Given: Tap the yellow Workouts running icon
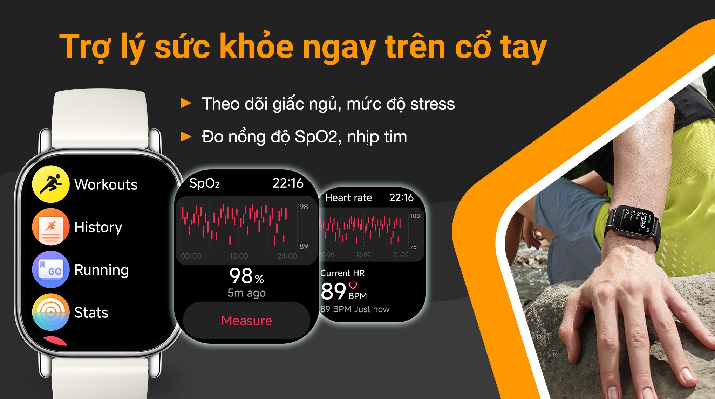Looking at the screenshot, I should click(x=51, y=184).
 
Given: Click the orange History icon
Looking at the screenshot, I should click(x=51, y=227).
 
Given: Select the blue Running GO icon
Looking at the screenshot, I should click(x=51, y=269).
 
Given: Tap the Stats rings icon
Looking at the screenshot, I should click(x=51, y=312).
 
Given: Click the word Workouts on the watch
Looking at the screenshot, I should click(x=106, y=184).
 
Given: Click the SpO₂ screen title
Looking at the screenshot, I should click(x=204, y=183).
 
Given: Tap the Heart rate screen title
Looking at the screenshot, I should click(x=348, y=198).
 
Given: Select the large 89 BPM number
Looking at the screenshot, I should click(x=333, y=291).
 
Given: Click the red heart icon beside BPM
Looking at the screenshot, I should click(x=353, y=285).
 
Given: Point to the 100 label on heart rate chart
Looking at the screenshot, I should click(x=415, y=216).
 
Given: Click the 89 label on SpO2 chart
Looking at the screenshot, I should click(x=304, y=246).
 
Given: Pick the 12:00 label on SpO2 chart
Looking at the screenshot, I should click(x=239, y=256).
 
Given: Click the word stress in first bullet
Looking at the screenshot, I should click(x=433, y=104).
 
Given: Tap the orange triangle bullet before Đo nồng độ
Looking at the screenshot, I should click(x=186, y=136).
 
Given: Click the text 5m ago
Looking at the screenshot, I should click(x=246, y=293).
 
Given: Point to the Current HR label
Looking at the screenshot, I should click(x=342, y=273).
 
